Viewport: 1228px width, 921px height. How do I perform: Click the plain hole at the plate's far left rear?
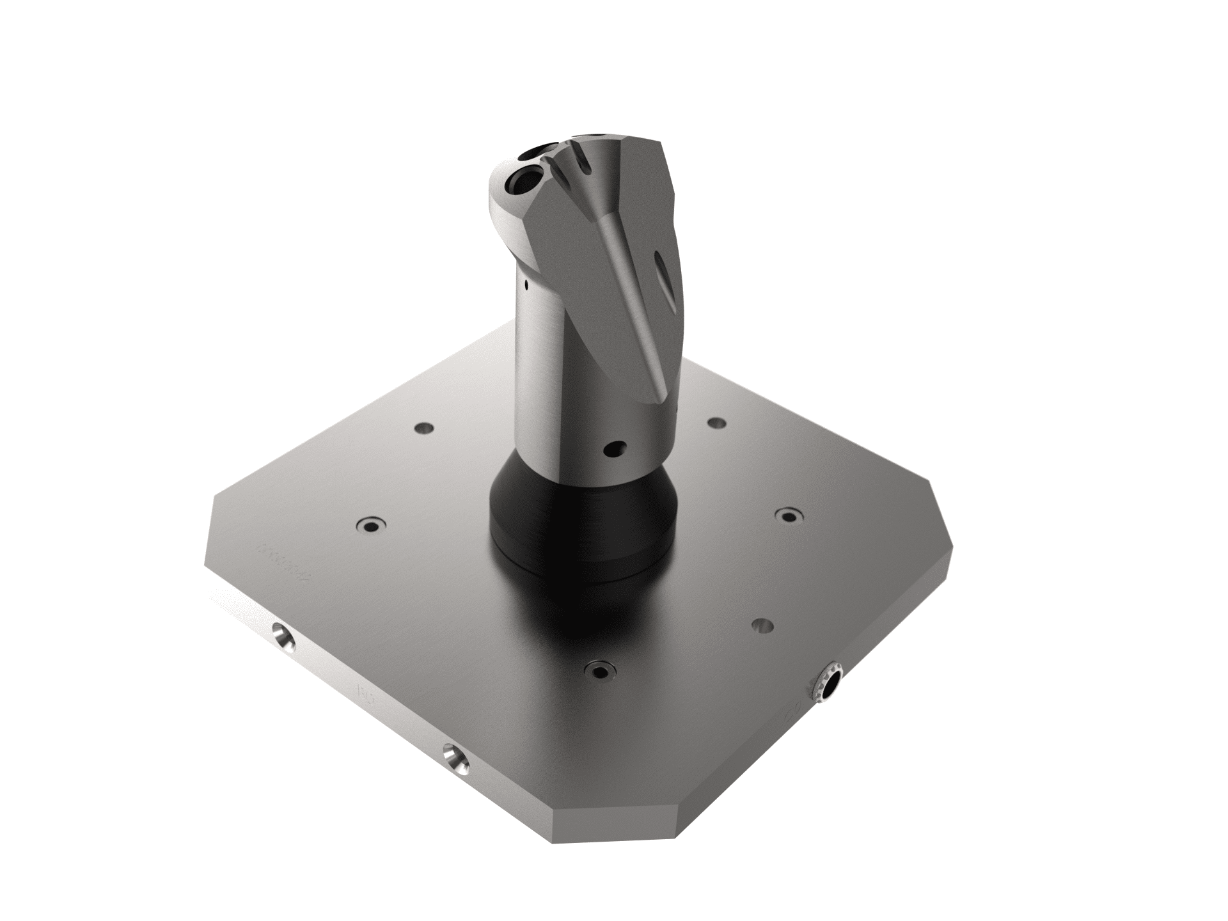(423, 427)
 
